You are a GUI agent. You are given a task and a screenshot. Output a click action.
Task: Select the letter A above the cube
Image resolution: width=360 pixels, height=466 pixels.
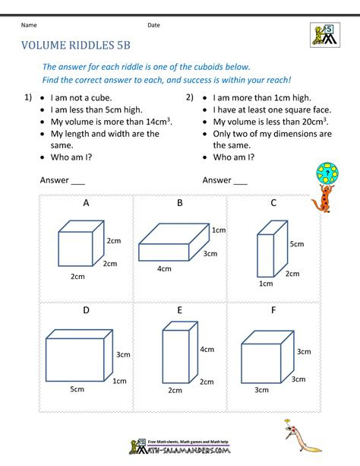point(86,203)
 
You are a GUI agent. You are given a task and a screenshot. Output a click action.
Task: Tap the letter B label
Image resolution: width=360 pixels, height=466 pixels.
point(180,203)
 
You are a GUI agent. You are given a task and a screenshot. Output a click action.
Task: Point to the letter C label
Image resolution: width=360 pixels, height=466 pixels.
point(273,203)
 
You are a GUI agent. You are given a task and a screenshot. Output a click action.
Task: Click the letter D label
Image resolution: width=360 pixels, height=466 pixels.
point(86,310)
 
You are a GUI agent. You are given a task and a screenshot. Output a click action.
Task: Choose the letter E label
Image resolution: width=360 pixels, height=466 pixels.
point(180,310)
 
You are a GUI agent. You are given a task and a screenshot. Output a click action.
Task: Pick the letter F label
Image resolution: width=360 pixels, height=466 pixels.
point(273,310)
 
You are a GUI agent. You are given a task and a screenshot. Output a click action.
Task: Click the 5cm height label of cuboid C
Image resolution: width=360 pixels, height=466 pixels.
point(296,244)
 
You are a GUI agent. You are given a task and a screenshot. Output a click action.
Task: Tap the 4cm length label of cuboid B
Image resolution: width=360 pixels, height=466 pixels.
point(164,269)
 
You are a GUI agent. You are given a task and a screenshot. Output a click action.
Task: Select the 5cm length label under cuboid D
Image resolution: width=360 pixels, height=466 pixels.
point(77,389)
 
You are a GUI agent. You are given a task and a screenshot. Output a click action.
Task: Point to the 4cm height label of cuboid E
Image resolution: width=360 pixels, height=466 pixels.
point(207,350)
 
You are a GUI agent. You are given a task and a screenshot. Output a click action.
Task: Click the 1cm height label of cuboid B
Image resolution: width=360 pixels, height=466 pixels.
point(219,230)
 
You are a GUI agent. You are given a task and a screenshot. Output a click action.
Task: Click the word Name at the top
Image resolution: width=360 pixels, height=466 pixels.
point(28,25)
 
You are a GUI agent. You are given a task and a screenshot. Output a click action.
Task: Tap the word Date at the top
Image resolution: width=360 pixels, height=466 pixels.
point(153,25)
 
